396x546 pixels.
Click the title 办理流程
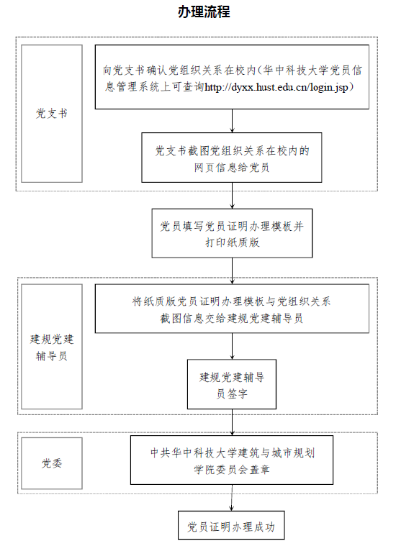point(204,12)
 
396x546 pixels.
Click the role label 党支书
point(52,113)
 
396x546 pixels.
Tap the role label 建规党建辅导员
point(52,347)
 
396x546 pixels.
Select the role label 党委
point(52,463)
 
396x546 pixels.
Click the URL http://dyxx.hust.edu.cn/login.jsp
point(276,87)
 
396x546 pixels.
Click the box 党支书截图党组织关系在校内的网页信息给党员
point(231,158)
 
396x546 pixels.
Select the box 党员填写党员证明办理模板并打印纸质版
point(232,233)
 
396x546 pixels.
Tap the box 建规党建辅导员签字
point(232,384)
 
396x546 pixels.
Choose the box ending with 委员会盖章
point(232,460)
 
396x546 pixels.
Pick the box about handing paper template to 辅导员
point(232,309)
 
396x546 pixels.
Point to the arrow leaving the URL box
point(232,121)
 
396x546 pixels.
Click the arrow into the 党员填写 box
point(232,196)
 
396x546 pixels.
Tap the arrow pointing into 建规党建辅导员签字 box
point(232,346)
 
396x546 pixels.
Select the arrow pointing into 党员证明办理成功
point(231,498)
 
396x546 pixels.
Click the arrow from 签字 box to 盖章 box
point(232,422)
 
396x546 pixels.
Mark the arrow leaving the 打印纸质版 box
point(232,271)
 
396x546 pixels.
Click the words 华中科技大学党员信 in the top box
point(312,70)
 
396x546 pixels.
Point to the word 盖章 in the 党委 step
point(259,470)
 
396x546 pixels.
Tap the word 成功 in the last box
point(264,527)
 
